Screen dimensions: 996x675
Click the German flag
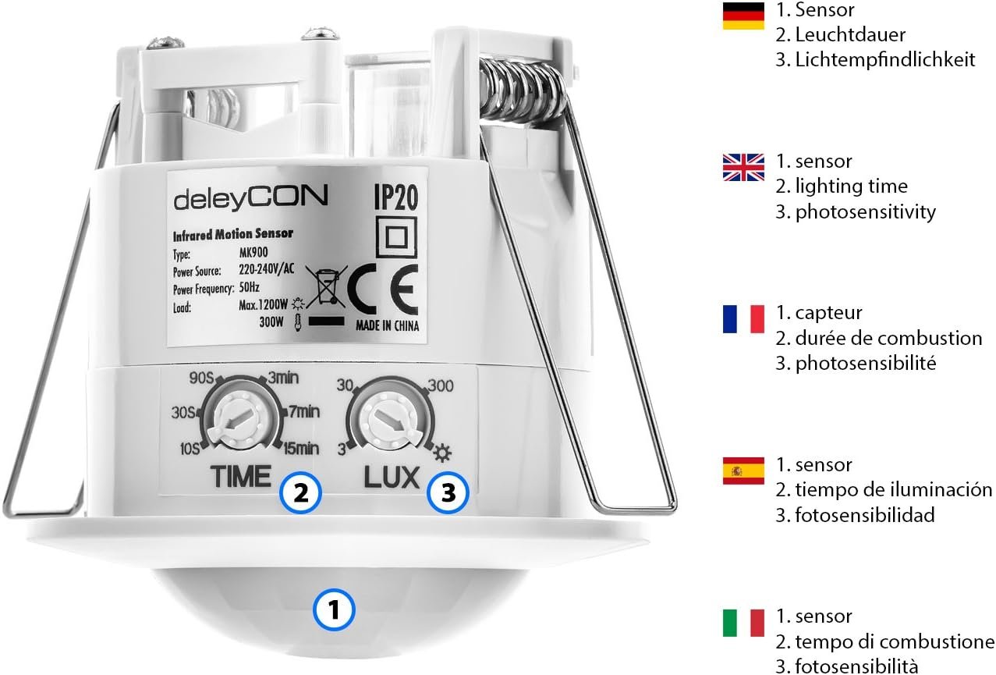[743, 16]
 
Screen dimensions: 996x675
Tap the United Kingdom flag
[743, 167]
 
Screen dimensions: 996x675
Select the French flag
[743, 318]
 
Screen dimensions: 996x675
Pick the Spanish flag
[743, 471]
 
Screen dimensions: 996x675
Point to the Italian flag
[743, 623]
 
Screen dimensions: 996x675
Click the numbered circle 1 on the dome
[334, 609]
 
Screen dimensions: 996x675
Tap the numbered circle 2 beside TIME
[300, 492]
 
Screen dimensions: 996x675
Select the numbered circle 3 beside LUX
[448, 492]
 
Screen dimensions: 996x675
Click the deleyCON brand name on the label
[251, 197]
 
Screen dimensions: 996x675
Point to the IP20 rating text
[395, 197]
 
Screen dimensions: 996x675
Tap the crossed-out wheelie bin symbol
[326, 286]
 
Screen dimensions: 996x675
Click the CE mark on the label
[383, 290]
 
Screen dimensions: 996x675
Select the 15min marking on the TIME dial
[302, 448]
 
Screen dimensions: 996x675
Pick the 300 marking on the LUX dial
[441, 385]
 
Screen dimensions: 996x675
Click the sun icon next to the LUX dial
[442, 453]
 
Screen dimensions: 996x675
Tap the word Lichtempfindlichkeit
[884, 59]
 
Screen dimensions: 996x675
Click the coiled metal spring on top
[522, 89]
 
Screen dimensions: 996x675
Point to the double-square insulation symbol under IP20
[396, 237]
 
